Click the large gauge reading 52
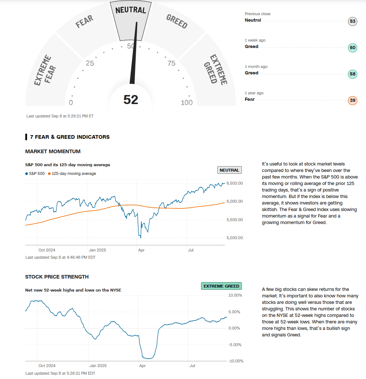pos(131,99)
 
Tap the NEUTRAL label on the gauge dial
pos(131,10)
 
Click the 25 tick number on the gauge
pos(90,63)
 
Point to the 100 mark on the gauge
pos(187,103)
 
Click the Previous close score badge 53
pos(353,21)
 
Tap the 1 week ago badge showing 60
pos(353,48)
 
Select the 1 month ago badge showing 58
pos(353,74)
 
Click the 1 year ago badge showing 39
pos(353,100)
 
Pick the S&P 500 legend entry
pos(35,173)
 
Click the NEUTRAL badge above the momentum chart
pos(229,170)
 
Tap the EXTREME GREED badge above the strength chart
pos(221,286)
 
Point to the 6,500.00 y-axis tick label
pos(234,183)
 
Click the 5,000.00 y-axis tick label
pos(234,238)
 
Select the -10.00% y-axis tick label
pos(236,361)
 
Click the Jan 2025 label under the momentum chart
pos(97,250)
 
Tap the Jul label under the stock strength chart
pos(192,366)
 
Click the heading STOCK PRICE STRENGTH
pos(57,277)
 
